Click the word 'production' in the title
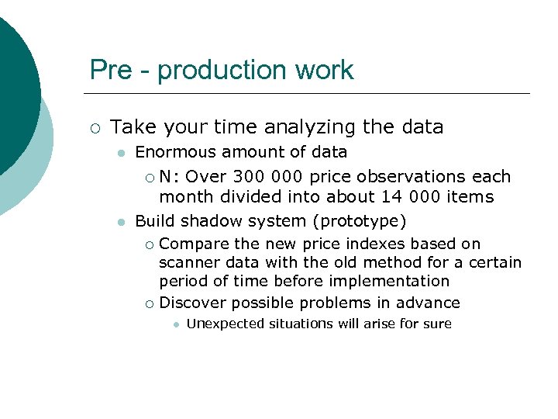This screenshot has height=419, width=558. [x=216, y=70]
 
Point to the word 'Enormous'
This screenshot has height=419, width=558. [x=170, y=152]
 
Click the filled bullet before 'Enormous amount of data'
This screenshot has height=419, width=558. [x=120, y=154]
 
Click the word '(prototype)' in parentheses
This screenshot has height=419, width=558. [x=363, y=221]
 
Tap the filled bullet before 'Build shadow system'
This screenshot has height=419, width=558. [x=120, y=223]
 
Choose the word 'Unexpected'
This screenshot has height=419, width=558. [x=226, y=324]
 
